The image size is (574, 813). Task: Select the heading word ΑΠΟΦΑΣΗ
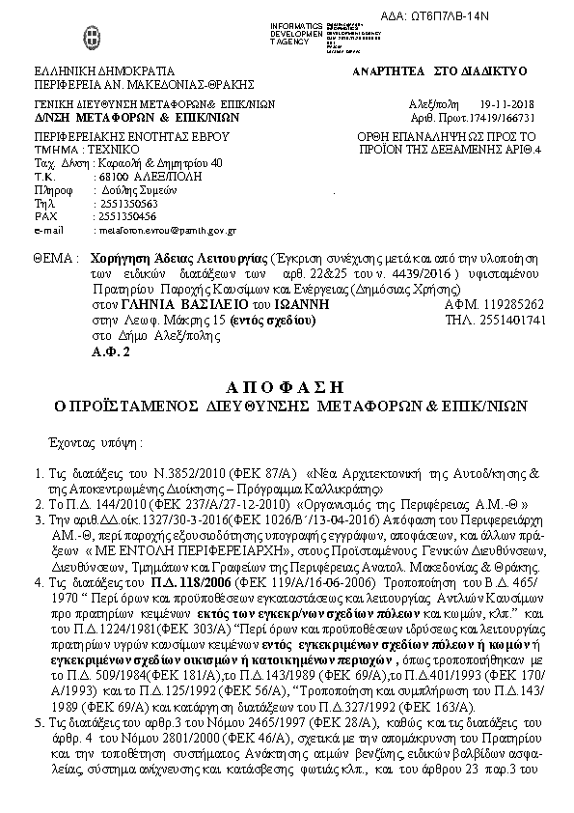coord(287,388)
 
